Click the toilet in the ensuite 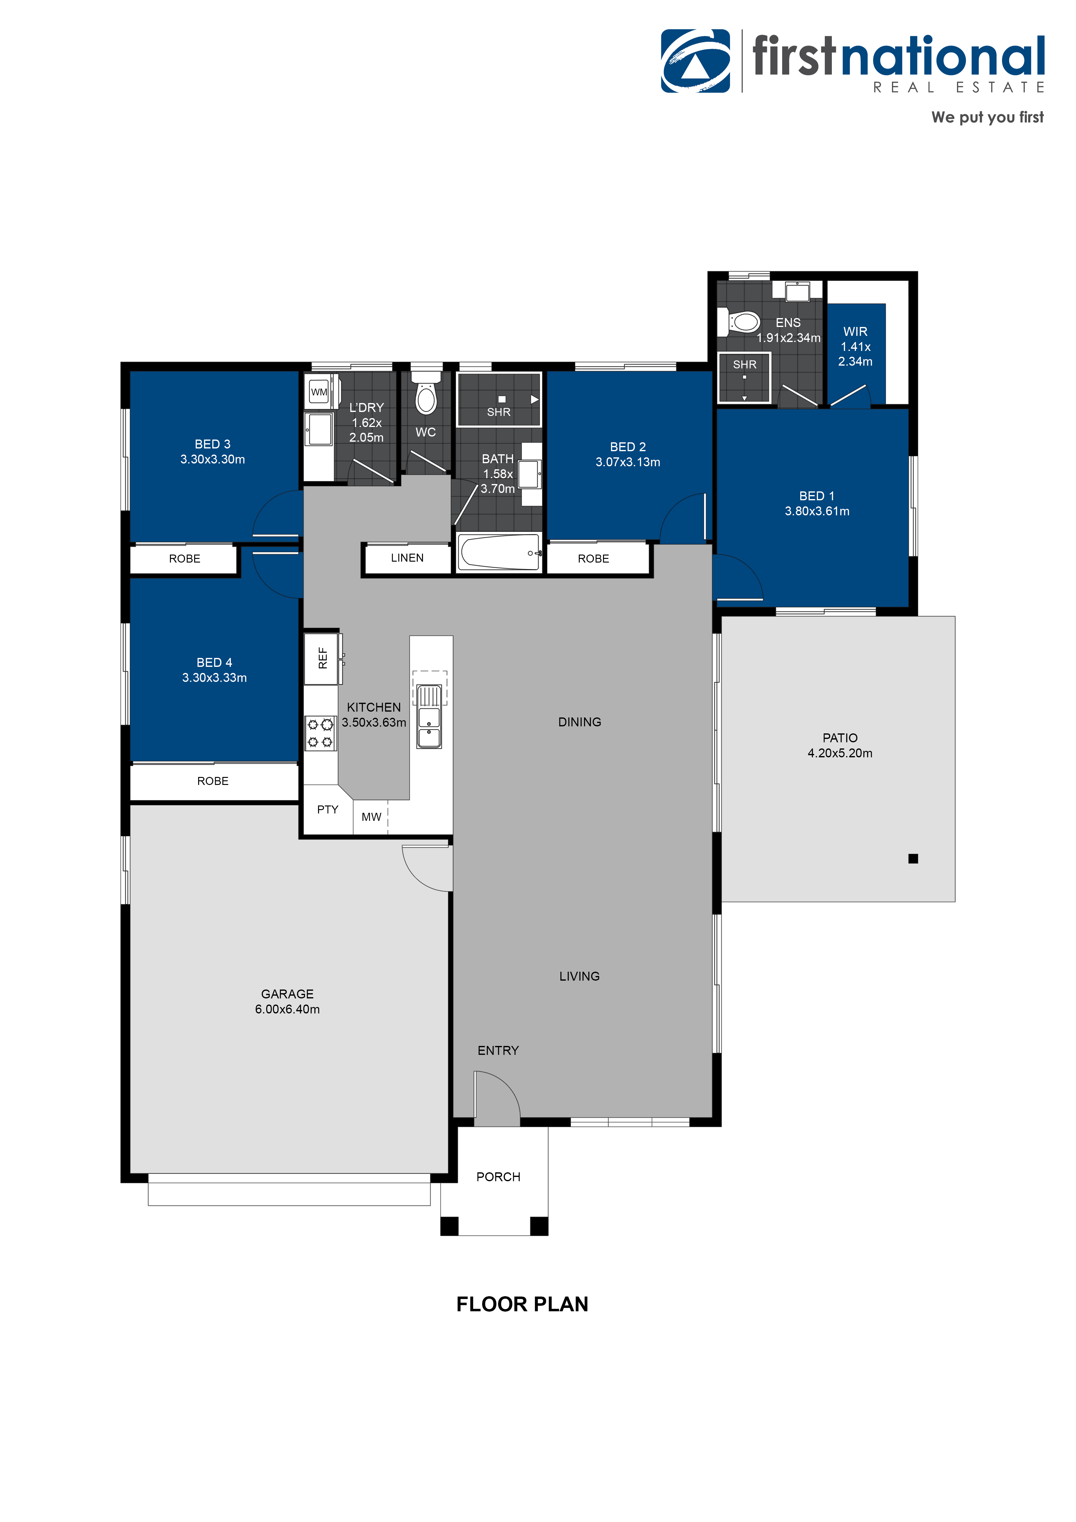click(x=739, y=322)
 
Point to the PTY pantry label click(x=328, y=809)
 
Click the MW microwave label click(x=371, y=817)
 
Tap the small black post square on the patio click(x=913, y=859)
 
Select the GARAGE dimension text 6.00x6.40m click(x=287, y=1009)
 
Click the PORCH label click(x=498, y=1177)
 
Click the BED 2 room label click(x=628, y=447)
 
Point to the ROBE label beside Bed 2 click(x=593, y=559)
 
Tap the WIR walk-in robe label click(x=855, y=332)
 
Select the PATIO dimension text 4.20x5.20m click(x=840, y=753)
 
